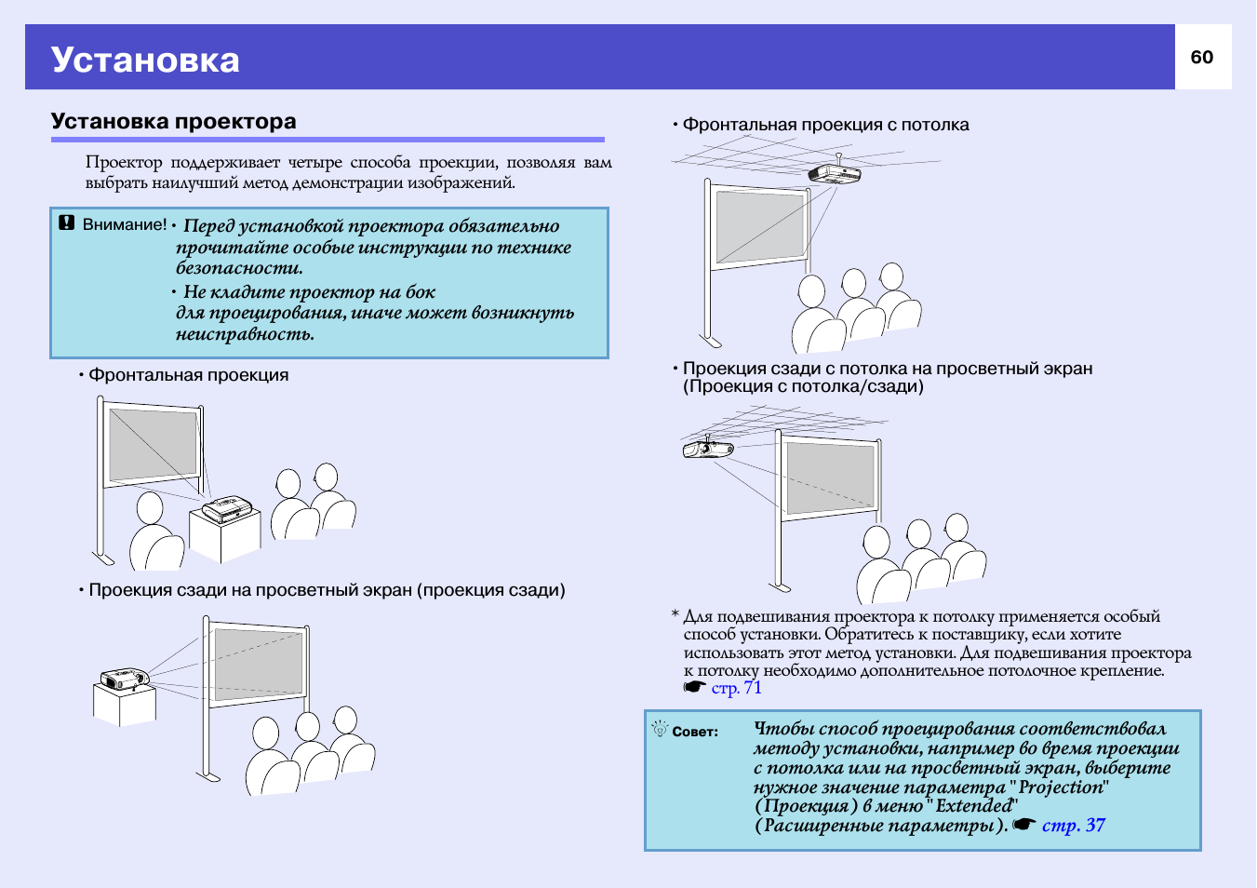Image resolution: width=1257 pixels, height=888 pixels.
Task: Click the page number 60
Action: click(x=1202, y=58)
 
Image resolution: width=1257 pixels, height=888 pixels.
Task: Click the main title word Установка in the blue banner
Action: click(x=145, y=60)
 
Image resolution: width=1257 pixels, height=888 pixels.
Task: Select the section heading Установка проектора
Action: click(x=174, y=122)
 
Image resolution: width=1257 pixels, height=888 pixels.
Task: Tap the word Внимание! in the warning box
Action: click(x=125, y=224)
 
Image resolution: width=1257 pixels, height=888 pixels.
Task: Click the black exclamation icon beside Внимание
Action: click(x=66, y=223)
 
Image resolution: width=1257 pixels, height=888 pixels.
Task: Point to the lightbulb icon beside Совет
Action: click(x=660, y=729)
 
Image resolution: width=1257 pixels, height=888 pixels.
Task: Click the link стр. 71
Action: click(x=736, y=688)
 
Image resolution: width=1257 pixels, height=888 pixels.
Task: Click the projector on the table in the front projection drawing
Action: click(x=226, y=509)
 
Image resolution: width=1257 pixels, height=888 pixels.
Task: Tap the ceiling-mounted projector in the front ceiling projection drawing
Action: click(x=834, y=173)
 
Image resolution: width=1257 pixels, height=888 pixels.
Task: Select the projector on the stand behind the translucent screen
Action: click(x=124, y=678)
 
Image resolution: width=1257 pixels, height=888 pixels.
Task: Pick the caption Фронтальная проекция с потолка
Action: click(x=825, y=125)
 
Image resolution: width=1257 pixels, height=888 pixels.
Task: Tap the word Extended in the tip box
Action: click(x=973, y=806)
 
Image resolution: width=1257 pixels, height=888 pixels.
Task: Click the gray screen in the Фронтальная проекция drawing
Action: click(x=153, y=444)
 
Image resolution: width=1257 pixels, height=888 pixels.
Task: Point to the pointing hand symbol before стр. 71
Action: click(x=694, y=688)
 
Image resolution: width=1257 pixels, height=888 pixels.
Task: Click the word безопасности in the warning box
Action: click(x=239, y=268)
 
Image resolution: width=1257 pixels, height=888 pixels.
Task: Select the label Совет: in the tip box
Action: click(x=695, y=732)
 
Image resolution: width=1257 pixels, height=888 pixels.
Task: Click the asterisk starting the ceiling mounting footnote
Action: click(x=675, y=615)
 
